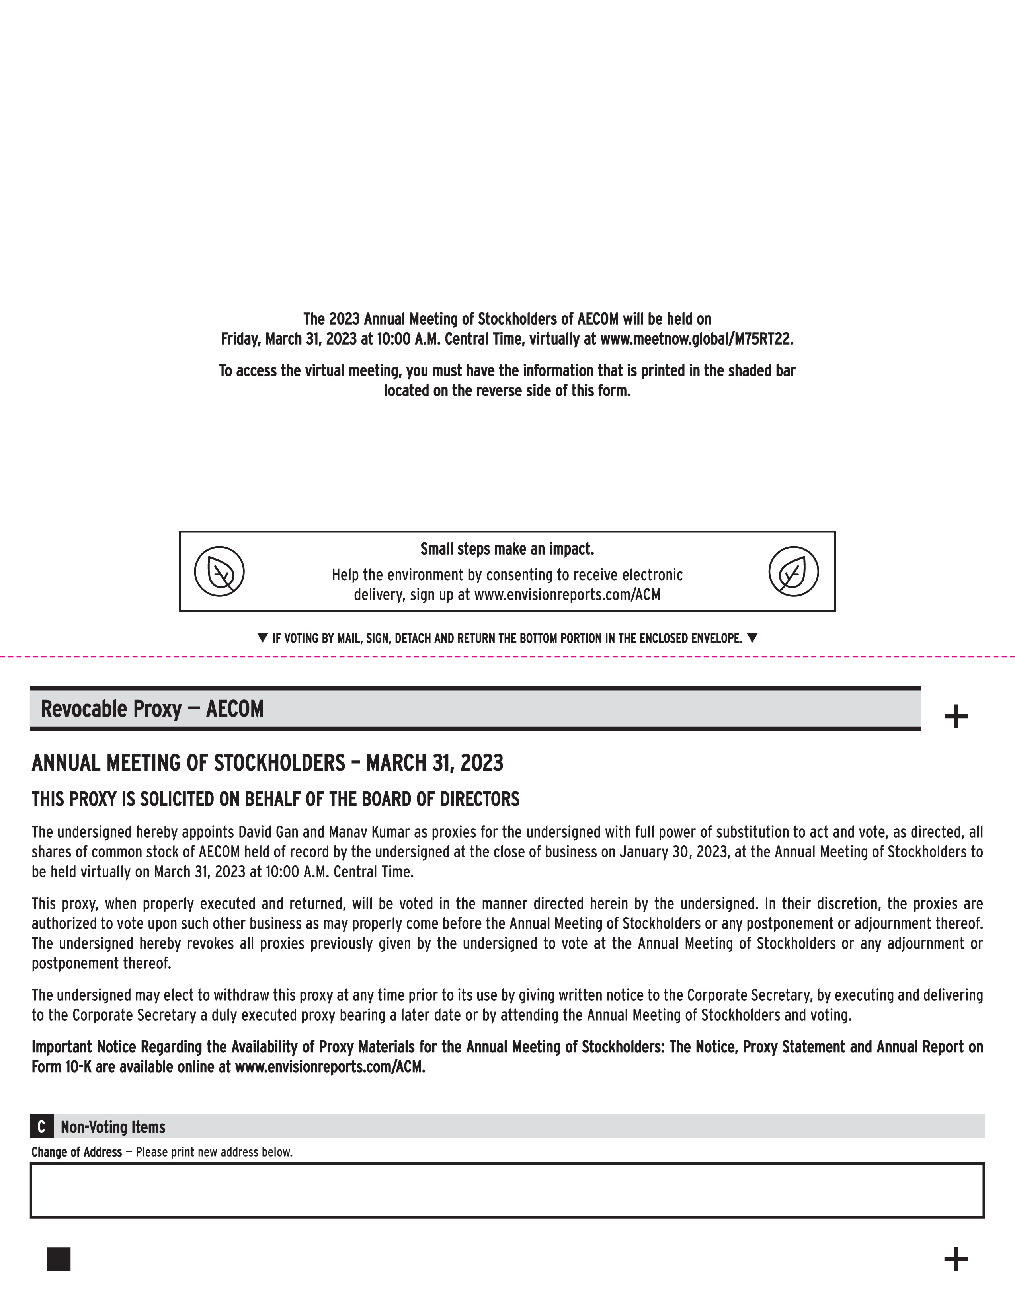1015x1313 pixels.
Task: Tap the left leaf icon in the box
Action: click(x=219, y=571)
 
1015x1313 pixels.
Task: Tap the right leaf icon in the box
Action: click(x=794, y=571)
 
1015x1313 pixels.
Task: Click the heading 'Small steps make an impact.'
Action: click(x=507, y=549)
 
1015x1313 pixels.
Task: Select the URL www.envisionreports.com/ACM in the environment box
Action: click(x=567, y=595)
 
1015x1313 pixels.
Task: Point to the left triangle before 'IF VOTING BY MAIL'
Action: click(x=262, y=637)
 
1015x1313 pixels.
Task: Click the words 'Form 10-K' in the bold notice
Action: click(x=61, y=1067)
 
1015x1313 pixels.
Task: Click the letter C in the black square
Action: click(x=41, y=1127)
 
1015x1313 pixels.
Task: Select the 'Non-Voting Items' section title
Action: click(x=113, y=1127)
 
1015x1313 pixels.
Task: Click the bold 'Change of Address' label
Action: click(x=76, y=1152)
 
